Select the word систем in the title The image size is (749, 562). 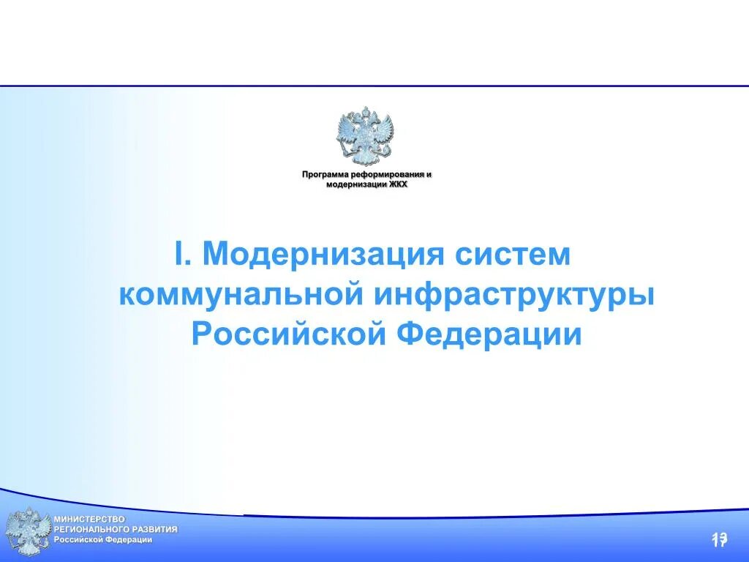(511, 254)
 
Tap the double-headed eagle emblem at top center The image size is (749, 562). (364, 137)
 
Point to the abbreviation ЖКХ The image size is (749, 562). (398, 184)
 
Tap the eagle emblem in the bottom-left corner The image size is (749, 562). (28, 531)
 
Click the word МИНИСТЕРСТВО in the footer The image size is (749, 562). (89, 519)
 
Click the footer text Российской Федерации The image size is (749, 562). (102, 539)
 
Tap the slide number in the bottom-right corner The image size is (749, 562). (719, 540)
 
